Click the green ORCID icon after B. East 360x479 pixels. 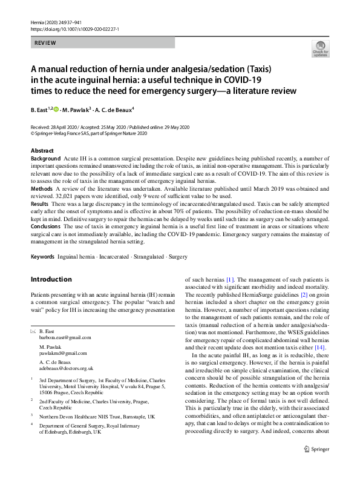point(56,110)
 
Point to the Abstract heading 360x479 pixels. point(42,150)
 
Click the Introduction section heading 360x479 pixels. point(51,279)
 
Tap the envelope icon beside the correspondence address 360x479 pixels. point(33,331)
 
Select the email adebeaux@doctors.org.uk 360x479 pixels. point(66,368)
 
